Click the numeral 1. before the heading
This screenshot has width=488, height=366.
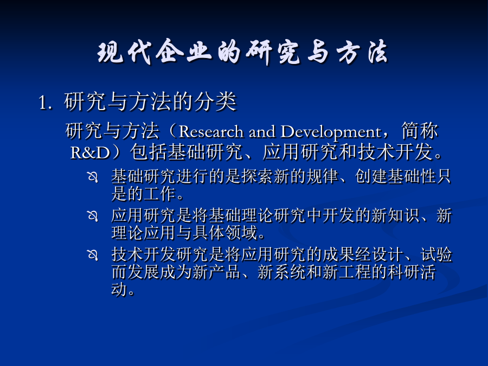[x=46, y=102]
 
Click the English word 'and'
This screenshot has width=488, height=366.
[x=262, y=132]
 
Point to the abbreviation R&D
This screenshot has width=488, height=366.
[x=91, y=153]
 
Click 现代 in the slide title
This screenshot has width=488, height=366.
[x=124, y=52]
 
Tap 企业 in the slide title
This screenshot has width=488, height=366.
[x=184, y=52]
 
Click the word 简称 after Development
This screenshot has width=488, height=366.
[x=420, y=131]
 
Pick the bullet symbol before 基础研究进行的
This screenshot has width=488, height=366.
[x=93, y=177]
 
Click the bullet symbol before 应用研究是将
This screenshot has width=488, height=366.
[x=93, y=216]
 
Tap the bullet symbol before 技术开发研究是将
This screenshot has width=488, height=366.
[x=93, y=255]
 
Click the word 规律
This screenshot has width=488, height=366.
[x=322, y=176]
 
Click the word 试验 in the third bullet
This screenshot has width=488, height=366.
[x=436, y=254]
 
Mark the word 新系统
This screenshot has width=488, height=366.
[x=281, y=272]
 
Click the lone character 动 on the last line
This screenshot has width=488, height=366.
[x=119, y=289]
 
